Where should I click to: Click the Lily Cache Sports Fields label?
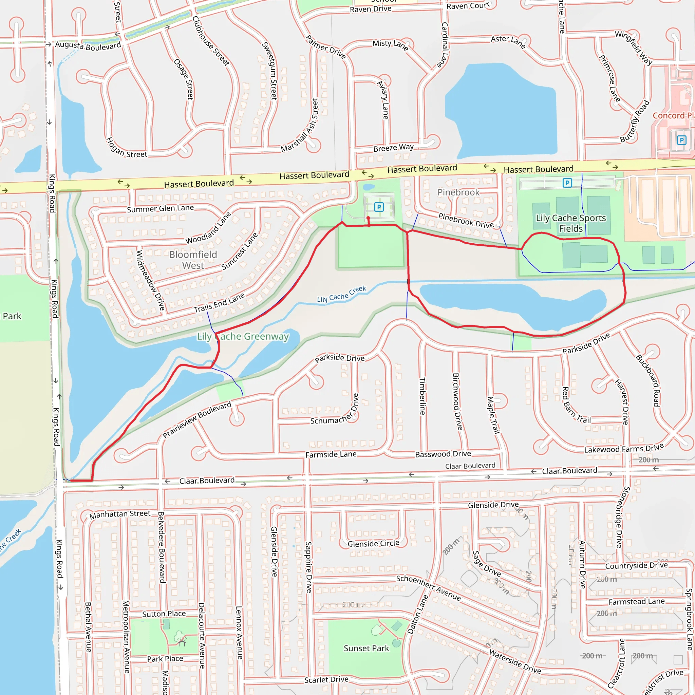pyautogui.click(x=571, y=223)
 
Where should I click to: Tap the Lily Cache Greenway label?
pyautogui.click(x=243, y=336)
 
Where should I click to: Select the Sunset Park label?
pyautogui.click(x=366, y=648)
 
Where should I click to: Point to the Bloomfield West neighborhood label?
pyautogui.click(x=193, y=260)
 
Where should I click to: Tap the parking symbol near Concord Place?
pyautogui.click(x=681, y=140)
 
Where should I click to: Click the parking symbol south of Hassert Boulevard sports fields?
pyautogui.click(x=567, y=183)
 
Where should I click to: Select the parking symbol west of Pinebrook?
pyautogui.click(x=379, y=207)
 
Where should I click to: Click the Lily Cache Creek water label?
pyautogui.click(x=341, y=294)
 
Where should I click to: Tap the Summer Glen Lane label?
pyautogui.click(x=160, y=208)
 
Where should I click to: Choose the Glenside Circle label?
pyautogui.click(x=373, y=544)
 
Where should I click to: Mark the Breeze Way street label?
pyautogui.click(x=394, y=148)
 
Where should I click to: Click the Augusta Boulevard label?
pyautogui.click(x=88, y=46)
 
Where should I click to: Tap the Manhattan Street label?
pyautogui.click(x=120, y=514)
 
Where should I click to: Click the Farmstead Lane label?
pyautogui.click(x=636, y=601)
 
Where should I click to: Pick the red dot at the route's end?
pyautogui.click(x=368, y=218)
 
